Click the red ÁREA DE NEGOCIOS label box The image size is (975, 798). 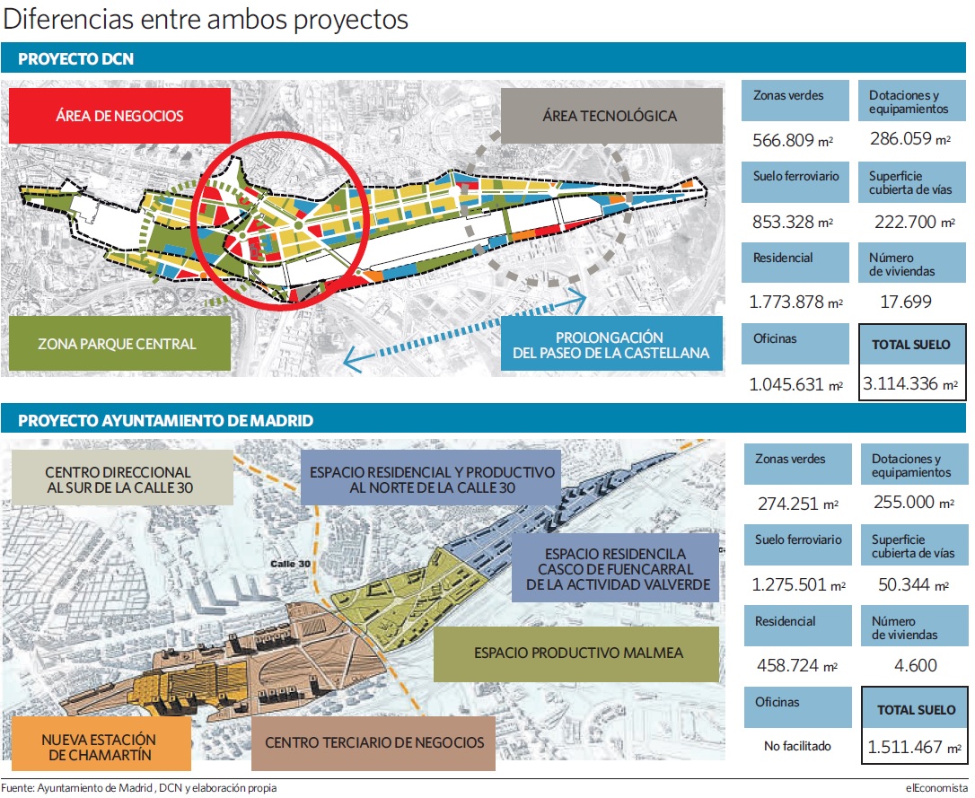coord(119,116)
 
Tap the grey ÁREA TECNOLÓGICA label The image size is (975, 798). coord(611,116)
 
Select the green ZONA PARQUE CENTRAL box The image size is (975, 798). coord(119,344)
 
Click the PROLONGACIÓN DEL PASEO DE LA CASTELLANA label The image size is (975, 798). coord(611,345)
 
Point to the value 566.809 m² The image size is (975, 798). coord(793,140)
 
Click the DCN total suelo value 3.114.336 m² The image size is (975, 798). coord(910,383)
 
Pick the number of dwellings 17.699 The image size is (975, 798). coord(906,302)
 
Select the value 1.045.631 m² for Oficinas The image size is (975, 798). coord(796,385)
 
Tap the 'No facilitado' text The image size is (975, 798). coord(797,746)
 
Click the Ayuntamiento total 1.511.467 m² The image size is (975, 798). coord(914,747)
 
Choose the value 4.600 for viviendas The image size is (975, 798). coord(916,666)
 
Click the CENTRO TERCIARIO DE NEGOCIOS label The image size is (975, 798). coord(373,742)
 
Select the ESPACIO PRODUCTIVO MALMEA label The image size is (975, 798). coord(577,653)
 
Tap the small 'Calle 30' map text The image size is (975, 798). coord(290,564)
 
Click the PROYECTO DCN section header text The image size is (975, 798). coord(75,59)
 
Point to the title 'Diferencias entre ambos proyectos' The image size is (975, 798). coord(206,19)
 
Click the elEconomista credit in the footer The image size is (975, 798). coord(935,788)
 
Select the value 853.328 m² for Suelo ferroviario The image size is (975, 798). coord(793,222)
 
